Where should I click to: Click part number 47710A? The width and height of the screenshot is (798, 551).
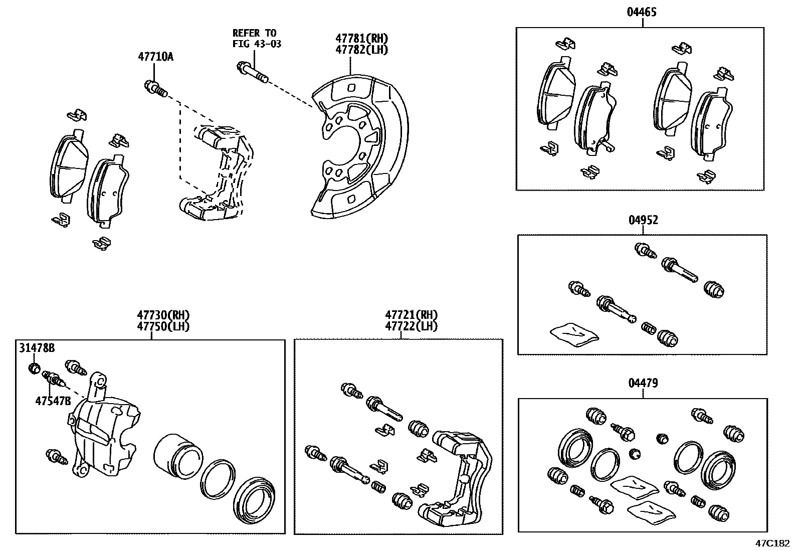click(x=155, y=57)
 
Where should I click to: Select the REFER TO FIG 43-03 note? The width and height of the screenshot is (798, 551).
click(x=256, y=39)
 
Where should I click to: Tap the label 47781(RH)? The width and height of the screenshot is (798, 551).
click(x=361, y=39)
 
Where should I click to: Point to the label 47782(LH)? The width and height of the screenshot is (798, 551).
click(x=361, y=49)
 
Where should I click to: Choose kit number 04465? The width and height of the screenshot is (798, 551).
click(x=641, y=12)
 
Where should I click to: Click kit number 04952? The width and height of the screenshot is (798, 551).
click(x=643, y=220)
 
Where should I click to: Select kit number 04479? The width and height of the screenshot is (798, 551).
click(x=643, y=383)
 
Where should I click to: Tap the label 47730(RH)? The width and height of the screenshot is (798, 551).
click(x=163, y=315)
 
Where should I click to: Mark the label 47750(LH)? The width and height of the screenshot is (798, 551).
click(x=163, y=326)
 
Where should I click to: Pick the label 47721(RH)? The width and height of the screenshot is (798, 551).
click(x=411, y=315)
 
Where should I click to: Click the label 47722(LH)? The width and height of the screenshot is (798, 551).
click(x=411, y=326)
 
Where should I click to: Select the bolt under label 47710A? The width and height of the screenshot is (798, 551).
click(x=154, y=88)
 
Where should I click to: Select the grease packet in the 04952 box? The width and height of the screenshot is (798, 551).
click(x=574, y=334)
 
